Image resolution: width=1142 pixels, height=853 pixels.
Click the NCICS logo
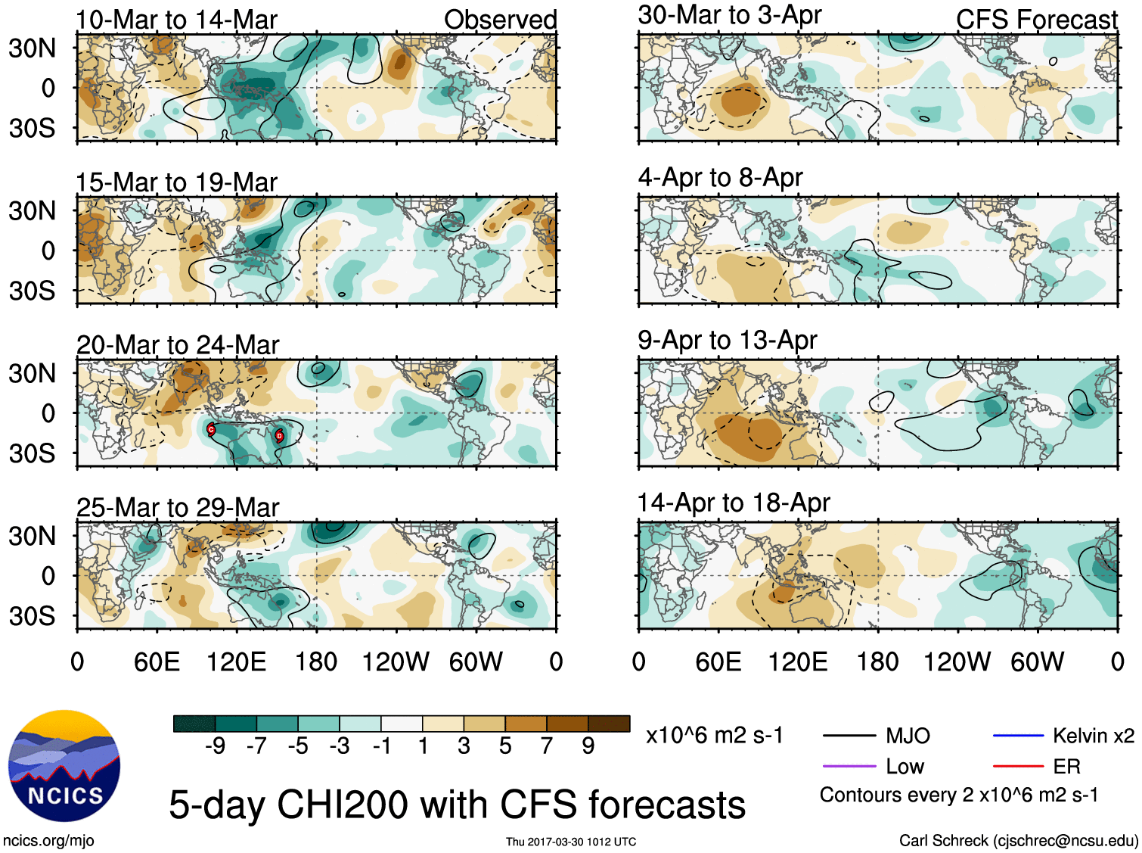click(x=64, y=765)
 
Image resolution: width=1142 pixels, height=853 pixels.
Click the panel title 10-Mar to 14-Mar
click(x=176, y=20)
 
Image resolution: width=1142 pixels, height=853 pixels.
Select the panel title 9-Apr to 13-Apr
click(x=727, y=340)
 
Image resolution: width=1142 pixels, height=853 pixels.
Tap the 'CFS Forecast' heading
click(x=1036, y=20)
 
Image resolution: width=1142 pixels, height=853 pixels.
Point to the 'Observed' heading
click(x=500, y=20)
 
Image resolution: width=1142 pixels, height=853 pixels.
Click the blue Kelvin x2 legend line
click(x=1017, y=735)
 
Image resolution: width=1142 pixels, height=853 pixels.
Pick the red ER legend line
click(x=1017, y=766)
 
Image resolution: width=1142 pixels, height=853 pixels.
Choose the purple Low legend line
click(x=849, y=766)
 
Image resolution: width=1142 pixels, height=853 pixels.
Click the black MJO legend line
click(x=849, y=735)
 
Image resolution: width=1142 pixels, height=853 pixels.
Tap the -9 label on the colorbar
click(x=215, y=746)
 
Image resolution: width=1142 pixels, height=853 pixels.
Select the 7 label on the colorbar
click(x=547, y=746)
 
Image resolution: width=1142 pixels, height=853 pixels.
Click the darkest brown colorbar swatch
click(x=609, y=724)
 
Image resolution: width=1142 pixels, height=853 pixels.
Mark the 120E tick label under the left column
click(x=236, y=662)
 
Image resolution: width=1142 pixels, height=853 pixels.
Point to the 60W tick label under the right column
click(x=1037, y=662)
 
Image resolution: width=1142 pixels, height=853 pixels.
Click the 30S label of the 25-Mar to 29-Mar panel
click(x=32, y=616)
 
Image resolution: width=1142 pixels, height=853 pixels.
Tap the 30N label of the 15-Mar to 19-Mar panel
click(x=32, y=210)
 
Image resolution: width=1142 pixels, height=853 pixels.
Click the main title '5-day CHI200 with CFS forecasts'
click(x=457, y=804)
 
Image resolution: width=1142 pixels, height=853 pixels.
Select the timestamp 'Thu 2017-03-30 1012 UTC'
click(x=571, y=842)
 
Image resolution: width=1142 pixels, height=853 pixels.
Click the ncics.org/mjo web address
click(x=48, y=840)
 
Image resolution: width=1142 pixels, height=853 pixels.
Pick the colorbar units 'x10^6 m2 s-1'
click(x=714, y=735)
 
